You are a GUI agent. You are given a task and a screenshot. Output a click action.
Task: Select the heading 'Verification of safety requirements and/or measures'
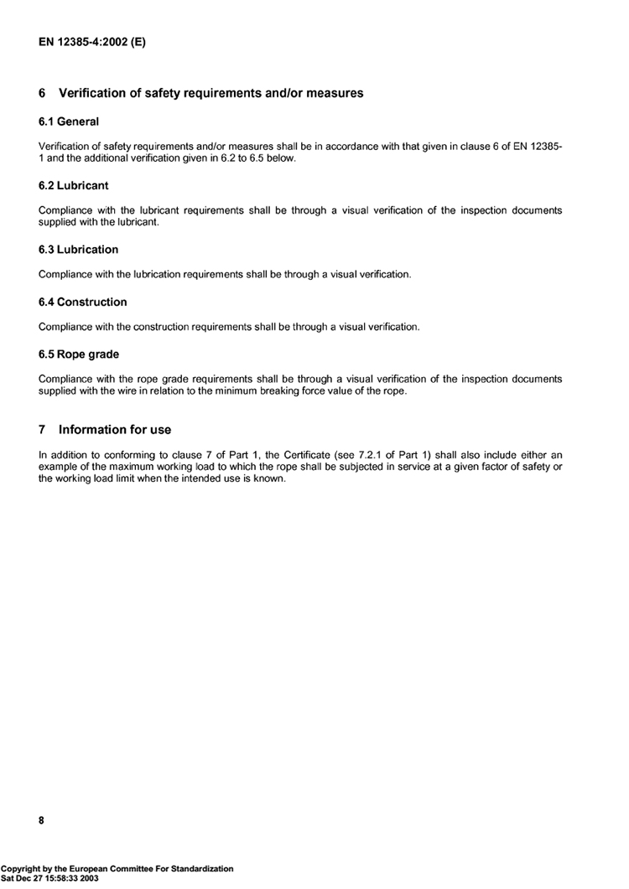pyautogui.click(x=211, y=93)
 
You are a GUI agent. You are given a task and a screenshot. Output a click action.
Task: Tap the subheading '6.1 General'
pyautogui.click(x=69, y=121)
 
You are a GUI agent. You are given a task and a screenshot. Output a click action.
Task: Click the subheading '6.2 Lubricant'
pyautogui.click(x=74, y=185)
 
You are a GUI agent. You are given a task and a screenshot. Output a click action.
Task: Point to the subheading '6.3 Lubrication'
pyautogui.click(x=78, y=250)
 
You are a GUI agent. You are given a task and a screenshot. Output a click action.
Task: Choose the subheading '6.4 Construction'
pyautogui.click(x=83, y=302)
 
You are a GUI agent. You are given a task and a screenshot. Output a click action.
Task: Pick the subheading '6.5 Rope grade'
pyautogui.click(x=79, y=354)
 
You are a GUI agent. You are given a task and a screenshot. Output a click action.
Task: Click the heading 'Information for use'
pyautogui.click(x=115, y=430)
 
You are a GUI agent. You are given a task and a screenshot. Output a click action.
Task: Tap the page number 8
pyautogui.click(x=42, y=821)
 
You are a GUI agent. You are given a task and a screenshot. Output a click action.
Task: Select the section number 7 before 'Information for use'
pyautogui.click(x=42, y=430)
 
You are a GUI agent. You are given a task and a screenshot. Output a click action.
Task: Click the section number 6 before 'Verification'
pyautogui.click(x=42, y=93)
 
